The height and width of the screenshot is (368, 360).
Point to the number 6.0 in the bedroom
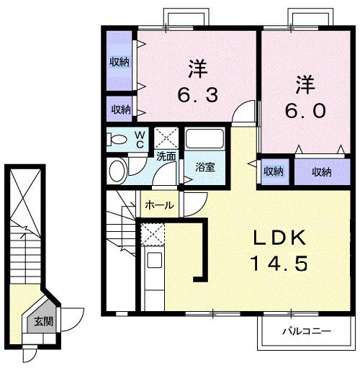click(x=301, y=110)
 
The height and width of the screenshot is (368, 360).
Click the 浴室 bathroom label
click(x=205, y=168)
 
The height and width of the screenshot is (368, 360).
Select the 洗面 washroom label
click(x=166, y=155)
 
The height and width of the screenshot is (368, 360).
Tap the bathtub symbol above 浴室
click(x=205, y=139)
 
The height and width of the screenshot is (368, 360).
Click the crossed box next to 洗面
click(x=167, y=137)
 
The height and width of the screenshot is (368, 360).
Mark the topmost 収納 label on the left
click(x=120, y=62)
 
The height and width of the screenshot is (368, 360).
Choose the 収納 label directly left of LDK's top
click(x=273, y=171)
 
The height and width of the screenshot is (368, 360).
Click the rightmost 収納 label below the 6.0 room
click(x=321, y=171)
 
